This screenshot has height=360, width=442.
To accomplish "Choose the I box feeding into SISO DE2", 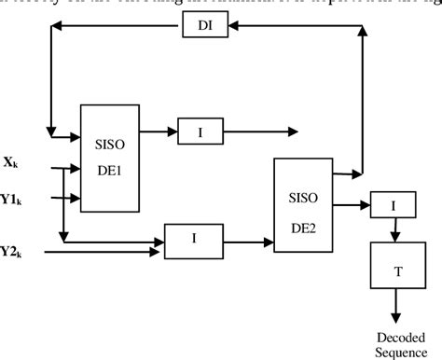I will [194, 239].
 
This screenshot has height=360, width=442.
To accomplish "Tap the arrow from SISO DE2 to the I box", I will [352, 203].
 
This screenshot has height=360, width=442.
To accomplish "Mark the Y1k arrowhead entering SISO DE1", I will [76, 198].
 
